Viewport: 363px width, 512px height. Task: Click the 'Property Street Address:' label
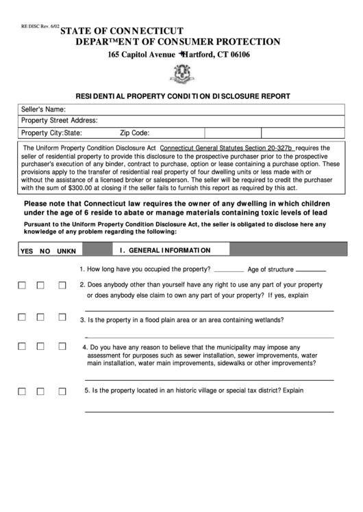60,120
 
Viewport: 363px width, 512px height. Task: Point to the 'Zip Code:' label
135,133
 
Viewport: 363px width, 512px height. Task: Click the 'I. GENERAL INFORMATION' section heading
164,250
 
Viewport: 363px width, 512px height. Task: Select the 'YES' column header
27,251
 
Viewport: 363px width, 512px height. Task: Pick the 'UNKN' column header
66,251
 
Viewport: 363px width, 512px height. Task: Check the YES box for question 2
22,285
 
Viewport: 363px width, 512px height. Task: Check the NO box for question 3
41,317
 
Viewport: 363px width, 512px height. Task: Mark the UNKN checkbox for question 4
61,347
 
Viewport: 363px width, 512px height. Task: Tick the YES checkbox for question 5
22,391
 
